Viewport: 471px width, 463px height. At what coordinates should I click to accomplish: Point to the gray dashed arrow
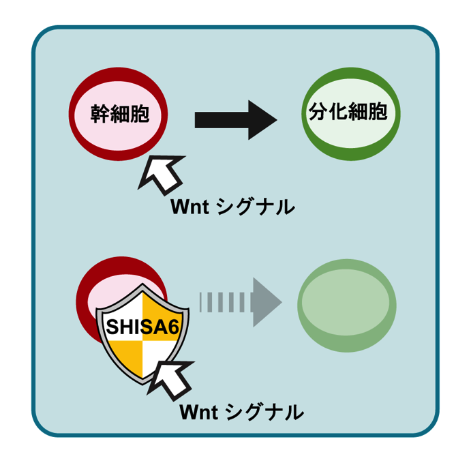[x=239, y=300]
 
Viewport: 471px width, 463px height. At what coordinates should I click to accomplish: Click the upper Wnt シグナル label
[x=232, y=206]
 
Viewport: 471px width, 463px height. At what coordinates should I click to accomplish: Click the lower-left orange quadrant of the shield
[x=127, y=358]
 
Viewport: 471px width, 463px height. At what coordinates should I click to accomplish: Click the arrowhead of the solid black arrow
[x=262, y=119]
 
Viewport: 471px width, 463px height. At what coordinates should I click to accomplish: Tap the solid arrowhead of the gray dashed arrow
[x=267, y=300]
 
